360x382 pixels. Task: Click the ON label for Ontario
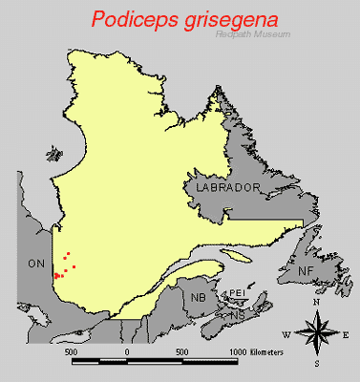pyautogui.click(x=36, y=263)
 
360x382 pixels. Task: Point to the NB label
pyautogui.click(x=198, y=298)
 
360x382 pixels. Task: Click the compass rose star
pyautogui.click(x=316, y=334)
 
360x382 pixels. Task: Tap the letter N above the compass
pyautogui.click(x=316, y=303)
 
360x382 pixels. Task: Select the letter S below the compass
pyautogui.click(x=316, y=365)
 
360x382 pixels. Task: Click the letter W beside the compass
pyautogui.click(x=286, y=335)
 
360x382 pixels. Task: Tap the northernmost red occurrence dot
pyautogui.click(x=67, y=254)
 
